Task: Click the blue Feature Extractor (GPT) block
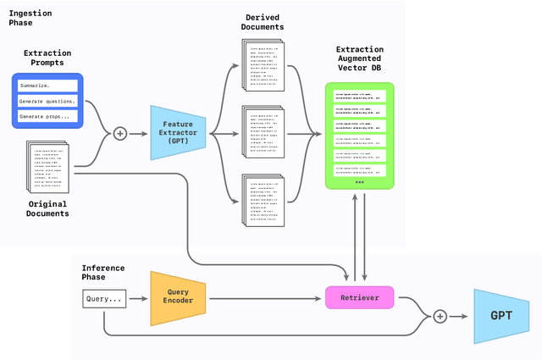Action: [x=178, y=133]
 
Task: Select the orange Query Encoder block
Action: [x=178, y=298]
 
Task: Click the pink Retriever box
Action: [x=359, y=297]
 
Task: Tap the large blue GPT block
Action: [x=501, y=316]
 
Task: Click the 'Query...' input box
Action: [x=104, y=298]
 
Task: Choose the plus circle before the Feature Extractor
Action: [x=119, y=133]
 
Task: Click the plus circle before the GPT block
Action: [x=440, y=316]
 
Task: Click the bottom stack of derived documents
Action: [x=263, y=200]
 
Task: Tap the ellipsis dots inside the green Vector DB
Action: [x=359, y=181]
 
